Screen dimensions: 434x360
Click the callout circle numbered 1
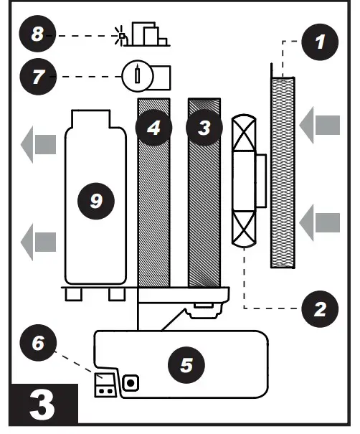(319, 42)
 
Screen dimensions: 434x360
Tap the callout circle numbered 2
(319, 308)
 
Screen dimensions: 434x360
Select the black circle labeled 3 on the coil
(204, 128)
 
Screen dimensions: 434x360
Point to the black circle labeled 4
(153, 128)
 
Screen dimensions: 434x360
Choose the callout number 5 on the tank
(186, 364)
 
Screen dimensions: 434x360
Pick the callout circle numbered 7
(38, 76)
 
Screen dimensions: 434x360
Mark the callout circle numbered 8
(38, 34)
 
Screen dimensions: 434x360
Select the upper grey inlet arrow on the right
(318, 128)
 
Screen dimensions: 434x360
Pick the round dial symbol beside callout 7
(136, 76)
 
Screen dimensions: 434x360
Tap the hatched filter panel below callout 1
(283, 172)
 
